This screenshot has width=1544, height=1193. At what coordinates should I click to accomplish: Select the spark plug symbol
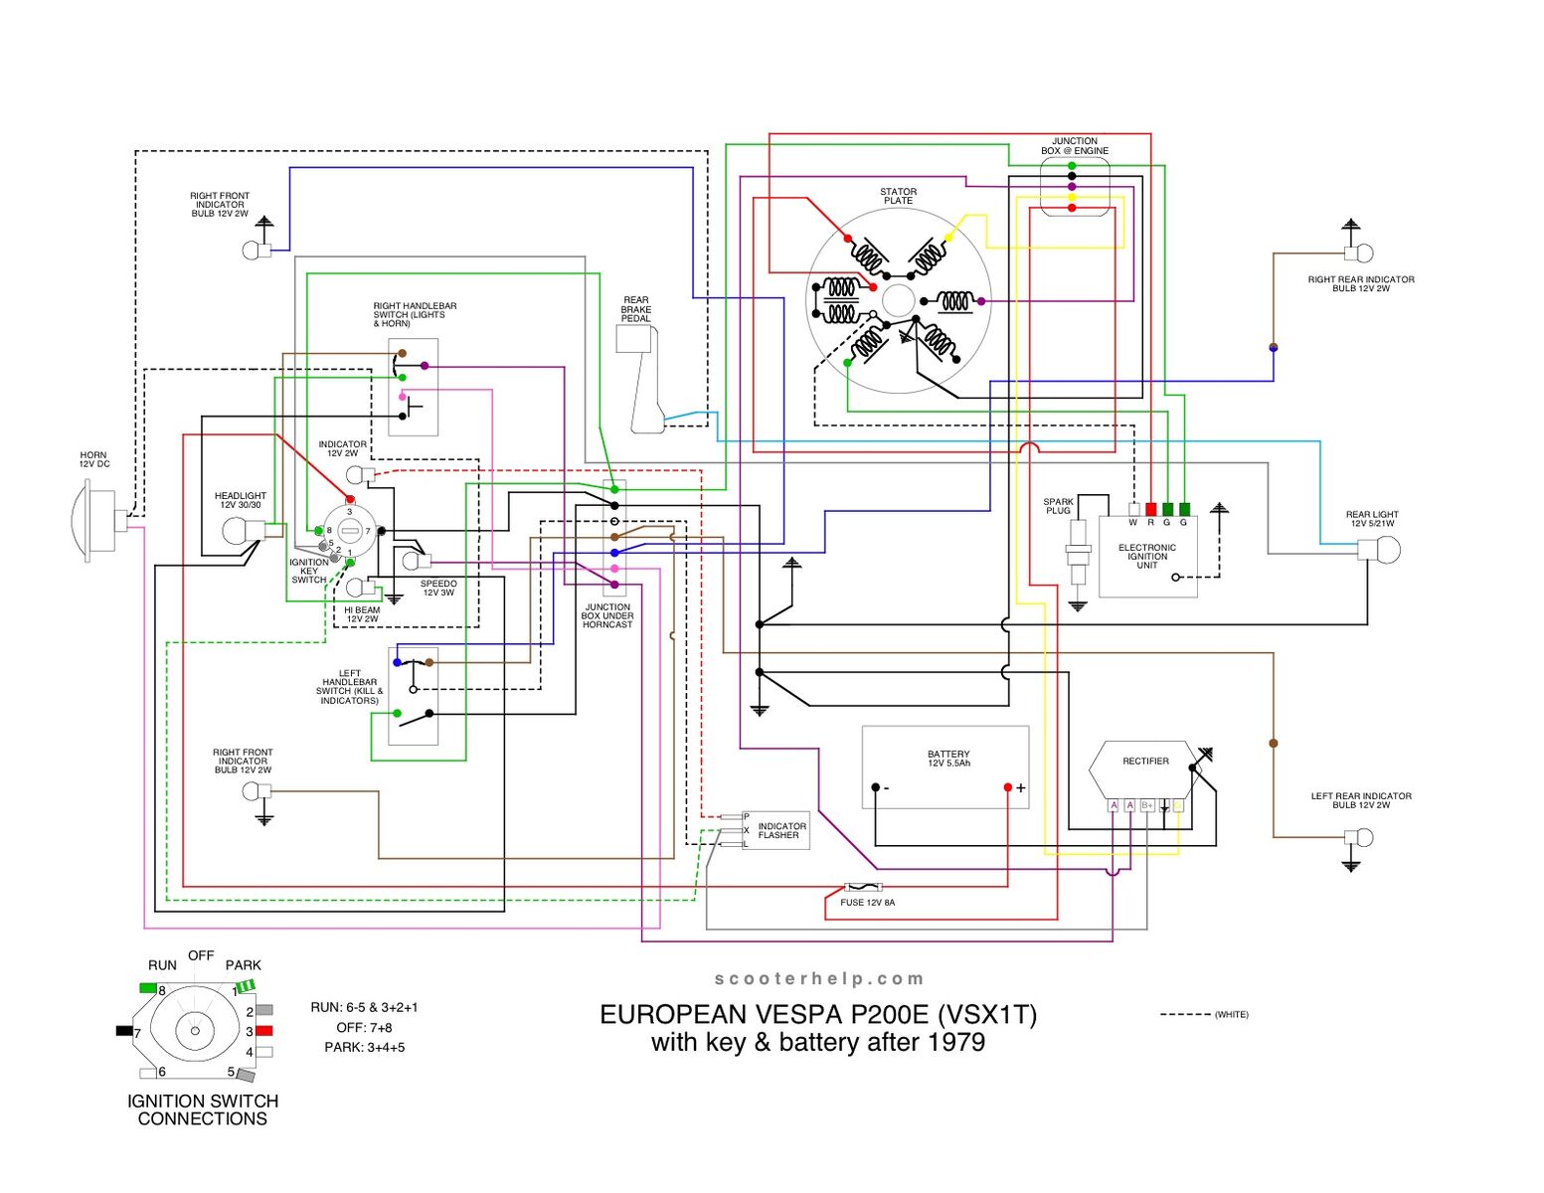click(x=1078, y=557)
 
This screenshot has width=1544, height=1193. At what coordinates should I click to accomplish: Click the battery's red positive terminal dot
click(x=1007, y=787)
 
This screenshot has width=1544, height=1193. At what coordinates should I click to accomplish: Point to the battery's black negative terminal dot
click(x=875, y=787)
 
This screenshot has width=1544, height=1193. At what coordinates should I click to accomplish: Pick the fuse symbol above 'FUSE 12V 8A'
click(x=862, y=887)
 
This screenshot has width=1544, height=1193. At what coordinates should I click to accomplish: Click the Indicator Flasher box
click(x=776, y=830)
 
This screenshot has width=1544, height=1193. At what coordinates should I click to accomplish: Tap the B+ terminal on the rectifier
click(x=1146, y=805)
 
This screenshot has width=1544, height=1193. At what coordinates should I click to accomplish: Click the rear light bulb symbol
click(x=1382, y=549)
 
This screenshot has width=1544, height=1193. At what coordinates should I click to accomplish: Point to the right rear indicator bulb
click(x=1359, y=253)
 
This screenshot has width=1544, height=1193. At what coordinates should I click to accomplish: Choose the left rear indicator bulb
click(x=1361, y=837)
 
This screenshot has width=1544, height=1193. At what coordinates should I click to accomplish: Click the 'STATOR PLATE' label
click(x=898, y=196)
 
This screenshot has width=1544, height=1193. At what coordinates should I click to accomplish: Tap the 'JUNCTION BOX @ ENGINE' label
click(x=1075, y=146)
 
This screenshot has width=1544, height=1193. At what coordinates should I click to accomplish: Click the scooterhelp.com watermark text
click(x=819, y=979)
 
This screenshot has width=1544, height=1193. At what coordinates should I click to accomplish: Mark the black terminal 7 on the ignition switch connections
click(x=125, y=1031)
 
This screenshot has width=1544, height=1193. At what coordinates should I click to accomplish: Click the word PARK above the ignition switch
click(x=243, y=965)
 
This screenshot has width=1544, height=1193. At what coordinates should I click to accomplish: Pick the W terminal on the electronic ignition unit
click(x=1133, y=509)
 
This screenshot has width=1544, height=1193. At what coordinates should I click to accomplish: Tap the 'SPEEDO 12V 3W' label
click(x=438, y=589)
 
